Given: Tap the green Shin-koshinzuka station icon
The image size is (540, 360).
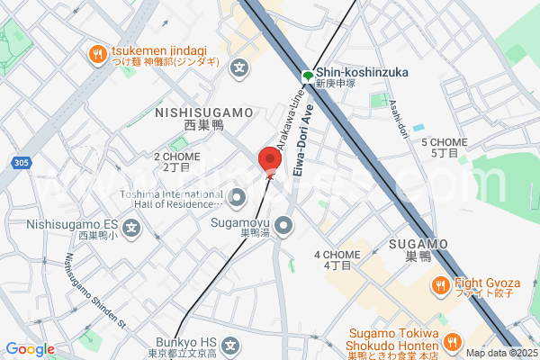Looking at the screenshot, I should click(x=307, y=76).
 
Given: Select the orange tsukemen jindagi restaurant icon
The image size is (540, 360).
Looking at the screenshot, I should click(x=97, y=57).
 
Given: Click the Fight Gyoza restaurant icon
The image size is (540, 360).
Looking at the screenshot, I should click(x=440, y=287).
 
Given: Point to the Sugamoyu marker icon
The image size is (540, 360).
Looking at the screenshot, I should click(x=283, y=224).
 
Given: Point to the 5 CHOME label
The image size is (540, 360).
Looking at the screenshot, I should click(x=444, y=142).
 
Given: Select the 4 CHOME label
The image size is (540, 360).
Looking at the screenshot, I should click(x=337, y=255).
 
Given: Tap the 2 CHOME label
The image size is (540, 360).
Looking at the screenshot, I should click(x=176, y=157).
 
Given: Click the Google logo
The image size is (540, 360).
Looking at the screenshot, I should click(x=30, y=349).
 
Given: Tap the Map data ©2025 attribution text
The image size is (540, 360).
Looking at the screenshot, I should click(x=500, y=352).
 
